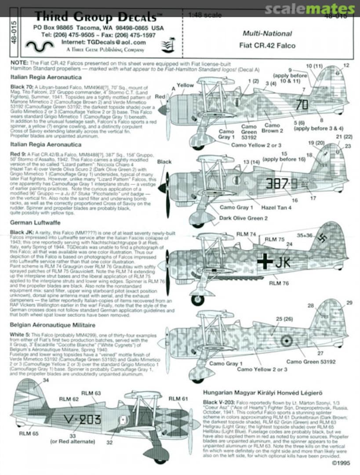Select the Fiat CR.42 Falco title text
[267, 45]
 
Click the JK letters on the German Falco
[282, 263]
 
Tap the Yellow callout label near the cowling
[185, 85]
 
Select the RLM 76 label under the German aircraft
[279, 283]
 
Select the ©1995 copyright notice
[342, 463]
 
